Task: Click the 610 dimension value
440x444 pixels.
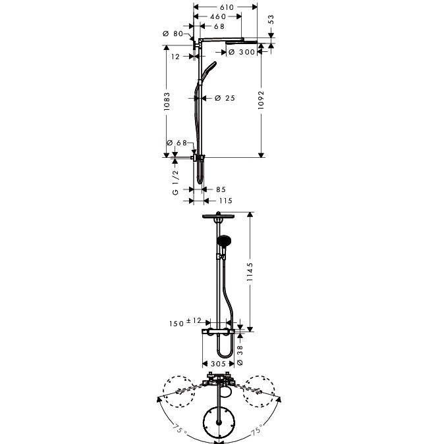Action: [227, 7]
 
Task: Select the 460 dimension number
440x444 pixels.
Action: [218, 16]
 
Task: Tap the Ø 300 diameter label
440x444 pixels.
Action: [242, 52]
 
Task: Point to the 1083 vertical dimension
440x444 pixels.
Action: [167, 101]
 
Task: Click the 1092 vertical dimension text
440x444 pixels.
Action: [261, 100]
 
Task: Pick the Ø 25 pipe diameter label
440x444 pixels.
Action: [225, 98]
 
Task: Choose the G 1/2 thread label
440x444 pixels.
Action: [175, 182]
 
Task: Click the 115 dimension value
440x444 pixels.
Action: [226, 201]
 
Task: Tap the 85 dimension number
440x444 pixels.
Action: [221, 189]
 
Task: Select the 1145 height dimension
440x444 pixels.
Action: [250, 272]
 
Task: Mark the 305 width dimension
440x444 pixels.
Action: [218, 364]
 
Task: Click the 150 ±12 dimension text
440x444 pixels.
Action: [185, 322]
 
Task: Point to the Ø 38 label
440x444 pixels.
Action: [240, 355]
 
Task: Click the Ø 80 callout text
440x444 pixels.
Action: [173, 34]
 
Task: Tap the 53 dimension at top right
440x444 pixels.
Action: [271, 19]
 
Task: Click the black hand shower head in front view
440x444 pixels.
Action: [224, 241]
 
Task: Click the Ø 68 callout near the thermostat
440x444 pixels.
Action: [177, 143]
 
